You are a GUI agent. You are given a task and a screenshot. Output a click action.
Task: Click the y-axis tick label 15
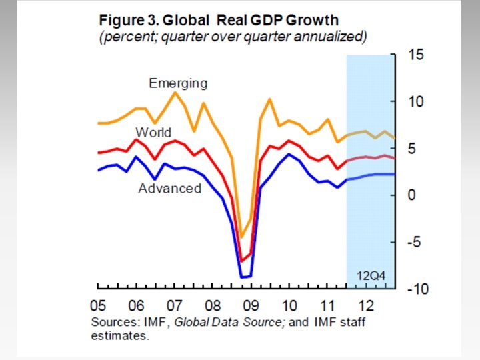tap(415, 55)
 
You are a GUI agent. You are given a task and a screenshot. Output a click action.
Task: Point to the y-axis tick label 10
tap(415, 101)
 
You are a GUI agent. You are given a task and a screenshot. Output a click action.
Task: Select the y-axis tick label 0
tap(411, 195)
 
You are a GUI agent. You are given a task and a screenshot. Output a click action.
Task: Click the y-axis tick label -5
tap(413, 242)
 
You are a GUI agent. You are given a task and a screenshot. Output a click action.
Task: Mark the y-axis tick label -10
tap(416, 289)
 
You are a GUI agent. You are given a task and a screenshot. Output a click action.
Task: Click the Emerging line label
tap(178, 83)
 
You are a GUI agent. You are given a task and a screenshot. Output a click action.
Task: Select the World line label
tap(153, 132)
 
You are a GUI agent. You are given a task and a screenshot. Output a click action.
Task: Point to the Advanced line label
tap(169, 189)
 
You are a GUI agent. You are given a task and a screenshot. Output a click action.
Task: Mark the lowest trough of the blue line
tap(242, 277)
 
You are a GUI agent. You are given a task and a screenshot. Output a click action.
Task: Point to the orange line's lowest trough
tap(242, 237)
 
